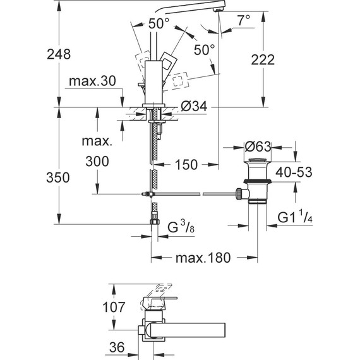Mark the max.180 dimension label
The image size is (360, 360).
coord(202,258)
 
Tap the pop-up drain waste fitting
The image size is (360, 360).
coord(257,183)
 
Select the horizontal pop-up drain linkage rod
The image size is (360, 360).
coord(189,195)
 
